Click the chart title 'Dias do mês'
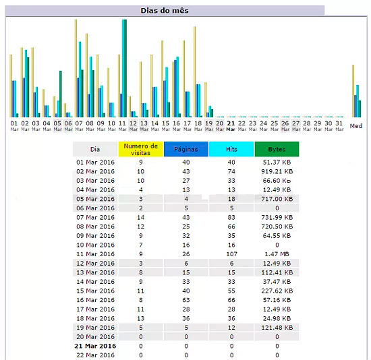(x=165, y=11)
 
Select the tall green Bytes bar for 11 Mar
(x=124, y=68)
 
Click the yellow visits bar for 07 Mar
(x=76, y=68)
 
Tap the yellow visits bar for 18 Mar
(x=195, y=72)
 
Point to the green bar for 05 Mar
(x=61, y=94)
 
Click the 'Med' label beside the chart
(x=356, y=126)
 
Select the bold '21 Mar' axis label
(x=231, y=125)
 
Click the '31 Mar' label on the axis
(x=339, y=125)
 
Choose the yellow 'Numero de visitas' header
(x=140, y=149)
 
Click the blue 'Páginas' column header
(x=186, y=149)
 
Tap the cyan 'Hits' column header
(x=231, y=149)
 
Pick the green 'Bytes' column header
(x=277, y=149)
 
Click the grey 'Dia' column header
(x=95, y=149)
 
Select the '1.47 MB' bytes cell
(x=277, y=254)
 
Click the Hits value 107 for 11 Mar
(x=231, y=254)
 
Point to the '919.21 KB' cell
(x=277, y=171)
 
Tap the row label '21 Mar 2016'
(x=95, y=346)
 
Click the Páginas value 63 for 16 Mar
(x=186, y=300)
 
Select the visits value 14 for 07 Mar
(x=140, y=217)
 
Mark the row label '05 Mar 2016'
(x=95, y=199)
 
